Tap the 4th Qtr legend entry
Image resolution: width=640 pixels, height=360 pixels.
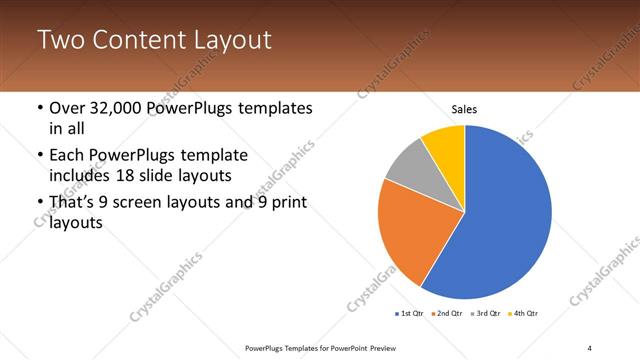pyautogui.click(x=525, y=314)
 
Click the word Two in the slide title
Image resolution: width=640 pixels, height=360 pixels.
pyautogui.click(x=59, y=41)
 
